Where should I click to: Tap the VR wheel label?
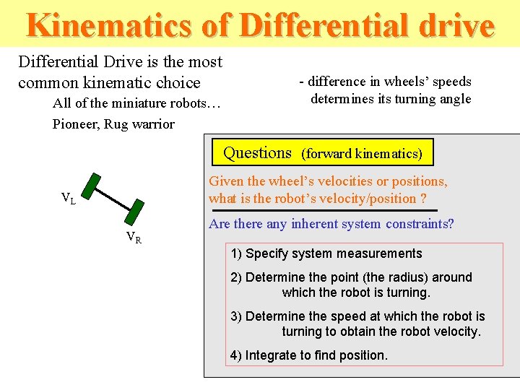tap(134, 237)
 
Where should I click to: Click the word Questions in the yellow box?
tap(257, 153)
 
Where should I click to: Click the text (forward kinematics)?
tap(362, 154)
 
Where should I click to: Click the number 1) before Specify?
tap(236, 253)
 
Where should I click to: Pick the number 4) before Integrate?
tap(236, 355)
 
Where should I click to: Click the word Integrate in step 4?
tap(272, 355)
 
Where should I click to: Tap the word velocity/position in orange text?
tap(363, 199)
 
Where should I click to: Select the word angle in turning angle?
tap(454, 99)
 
